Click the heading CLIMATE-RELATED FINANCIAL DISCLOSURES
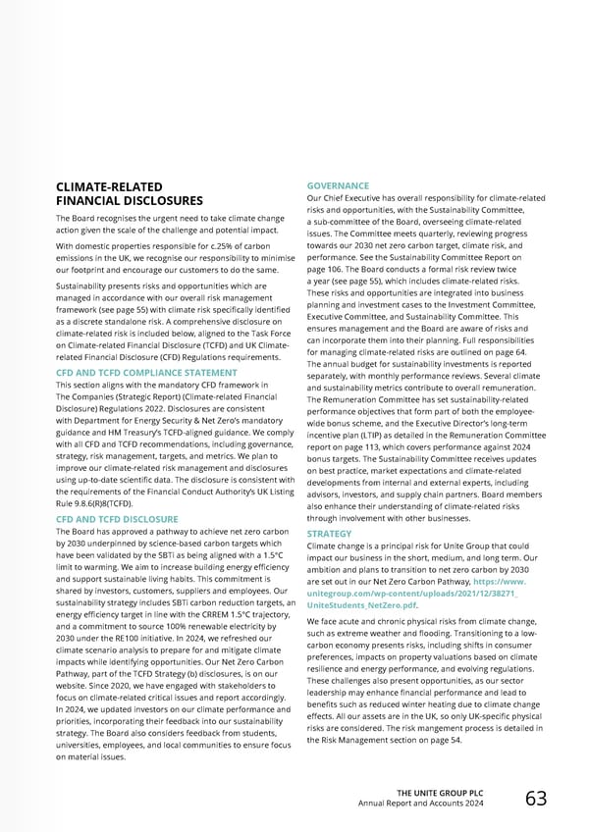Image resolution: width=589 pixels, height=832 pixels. [130, 192]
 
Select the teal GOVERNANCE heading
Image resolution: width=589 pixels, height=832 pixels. [338, 185]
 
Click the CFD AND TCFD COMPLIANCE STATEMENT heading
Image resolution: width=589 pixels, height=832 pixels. [146, 373]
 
